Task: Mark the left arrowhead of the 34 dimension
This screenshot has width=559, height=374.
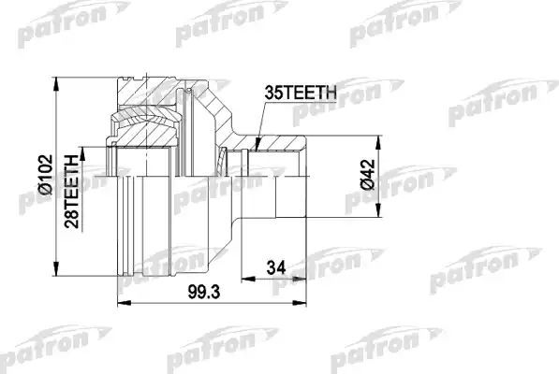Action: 243,278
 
